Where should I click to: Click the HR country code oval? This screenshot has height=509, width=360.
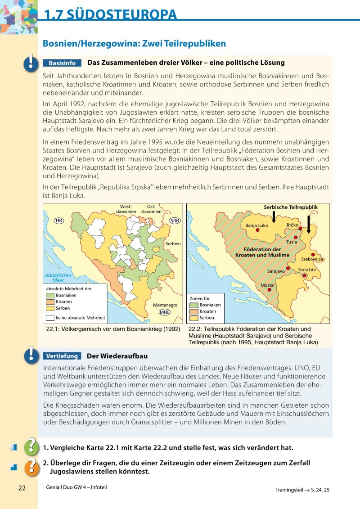pyautogui.click(x=58, y=221)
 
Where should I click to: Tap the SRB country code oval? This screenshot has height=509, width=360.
pyautogui.click(x=175, y=221)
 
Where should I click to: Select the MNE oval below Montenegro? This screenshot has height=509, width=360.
pyautogui.click(x=165, y=312)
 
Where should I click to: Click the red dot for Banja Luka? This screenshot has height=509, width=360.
pyautogui.click(x=258, y=230)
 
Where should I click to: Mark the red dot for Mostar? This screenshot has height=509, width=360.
pyautogui.click(x=270, y=290)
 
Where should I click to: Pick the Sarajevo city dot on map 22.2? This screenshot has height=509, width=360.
pyautogui.click(x=288, y=268)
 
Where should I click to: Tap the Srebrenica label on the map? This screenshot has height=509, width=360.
pyautogui.click(x=312, y=259)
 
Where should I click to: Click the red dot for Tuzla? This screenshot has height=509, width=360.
pyautogui.click(x=296, y=237)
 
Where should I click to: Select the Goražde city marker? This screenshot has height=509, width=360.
pyautogui.click(x=305, y=275)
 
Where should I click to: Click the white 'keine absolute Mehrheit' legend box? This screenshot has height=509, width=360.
pyautogui.click(x=50, y=318)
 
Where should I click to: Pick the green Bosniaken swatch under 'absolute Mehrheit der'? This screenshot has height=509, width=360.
pyautogui.click(x=50, y=295)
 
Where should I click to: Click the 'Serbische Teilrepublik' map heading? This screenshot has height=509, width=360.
pyautogui.click(x=290, y=207)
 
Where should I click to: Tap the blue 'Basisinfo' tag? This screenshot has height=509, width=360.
pyautogui.click(x=62, y=63)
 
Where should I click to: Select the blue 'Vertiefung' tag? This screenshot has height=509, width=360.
pyautogui.click(x=62, y=356)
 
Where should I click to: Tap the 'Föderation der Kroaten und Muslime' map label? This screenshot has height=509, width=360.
pyautogui.click(x=262, y=252)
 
